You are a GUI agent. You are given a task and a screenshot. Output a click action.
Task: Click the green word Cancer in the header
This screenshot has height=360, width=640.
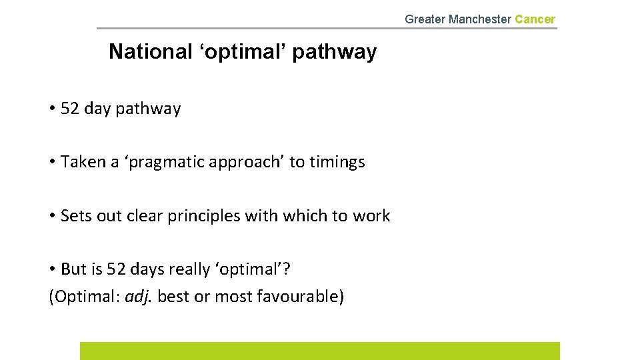[x=535, y=19]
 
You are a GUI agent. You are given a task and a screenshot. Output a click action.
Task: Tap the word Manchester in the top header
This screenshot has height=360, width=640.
[x=480, y=19]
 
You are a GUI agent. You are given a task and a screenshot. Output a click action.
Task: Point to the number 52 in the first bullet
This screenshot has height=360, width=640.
[x=69, y=109]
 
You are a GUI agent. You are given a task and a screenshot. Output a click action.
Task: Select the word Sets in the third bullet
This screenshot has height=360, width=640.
[x=74, y=216]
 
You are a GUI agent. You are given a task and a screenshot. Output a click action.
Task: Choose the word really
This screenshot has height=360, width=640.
[x=189, y=269]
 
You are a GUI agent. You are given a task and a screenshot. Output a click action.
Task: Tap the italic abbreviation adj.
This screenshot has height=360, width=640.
[x=139, y=296]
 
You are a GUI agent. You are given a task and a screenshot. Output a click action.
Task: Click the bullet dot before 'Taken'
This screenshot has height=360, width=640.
[x=52, y=163]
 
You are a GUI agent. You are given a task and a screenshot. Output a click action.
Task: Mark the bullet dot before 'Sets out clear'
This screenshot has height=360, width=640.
[x=52, y=217]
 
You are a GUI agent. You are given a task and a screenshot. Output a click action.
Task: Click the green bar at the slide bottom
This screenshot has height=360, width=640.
[x=320, y=351]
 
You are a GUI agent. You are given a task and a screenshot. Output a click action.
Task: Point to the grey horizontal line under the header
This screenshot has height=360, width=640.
[x=327, y=28]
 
